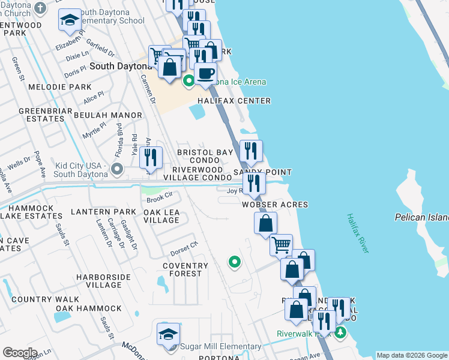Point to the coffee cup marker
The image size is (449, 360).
(205, 74)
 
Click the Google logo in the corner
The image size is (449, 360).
(20, 352)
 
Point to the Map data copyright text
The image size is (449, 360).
(412, 355)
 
